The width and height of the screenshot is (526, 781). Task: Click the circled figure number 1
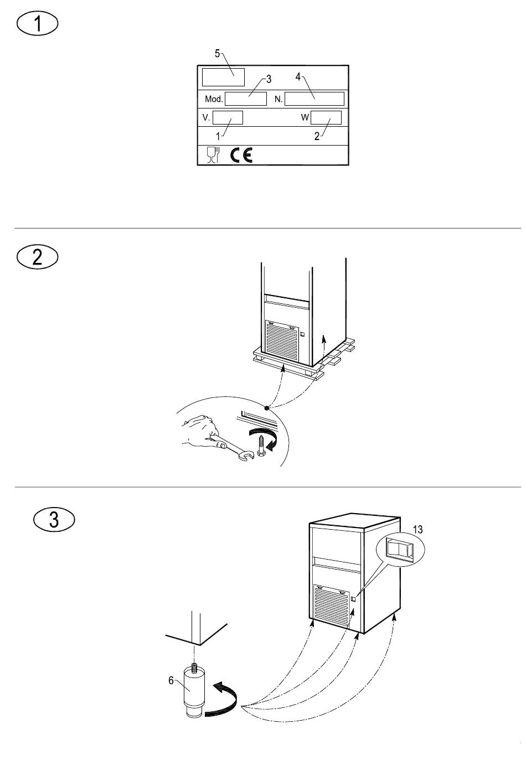37,24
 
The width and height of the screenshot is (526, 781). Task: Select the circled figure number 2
37,257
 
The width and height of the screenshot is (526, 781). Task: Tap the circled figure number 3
54,519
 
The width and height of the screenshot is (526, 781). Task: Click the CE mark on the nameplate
241,155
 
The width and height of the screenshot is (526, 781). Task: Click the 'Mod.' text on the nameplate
214,99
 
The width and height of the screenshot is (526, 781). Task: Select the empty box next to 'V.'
228,117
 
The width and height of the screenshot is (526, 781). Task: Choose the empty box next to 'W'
326,117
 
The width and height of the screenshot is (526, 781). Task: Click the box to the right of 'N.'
314,99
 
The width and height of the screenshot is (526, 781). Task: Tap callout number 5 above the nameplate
217,54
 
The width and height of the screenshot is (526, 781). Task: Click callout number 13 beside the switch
417,530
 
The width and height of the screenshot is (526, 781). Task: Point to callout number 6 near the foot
171,680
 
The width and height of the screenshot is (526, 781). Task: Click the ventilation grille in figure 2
282,342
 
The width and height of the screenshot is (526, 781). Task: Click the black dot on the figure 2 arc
267,408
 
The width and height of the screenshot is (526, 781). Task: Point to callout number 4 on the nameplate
297,77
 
